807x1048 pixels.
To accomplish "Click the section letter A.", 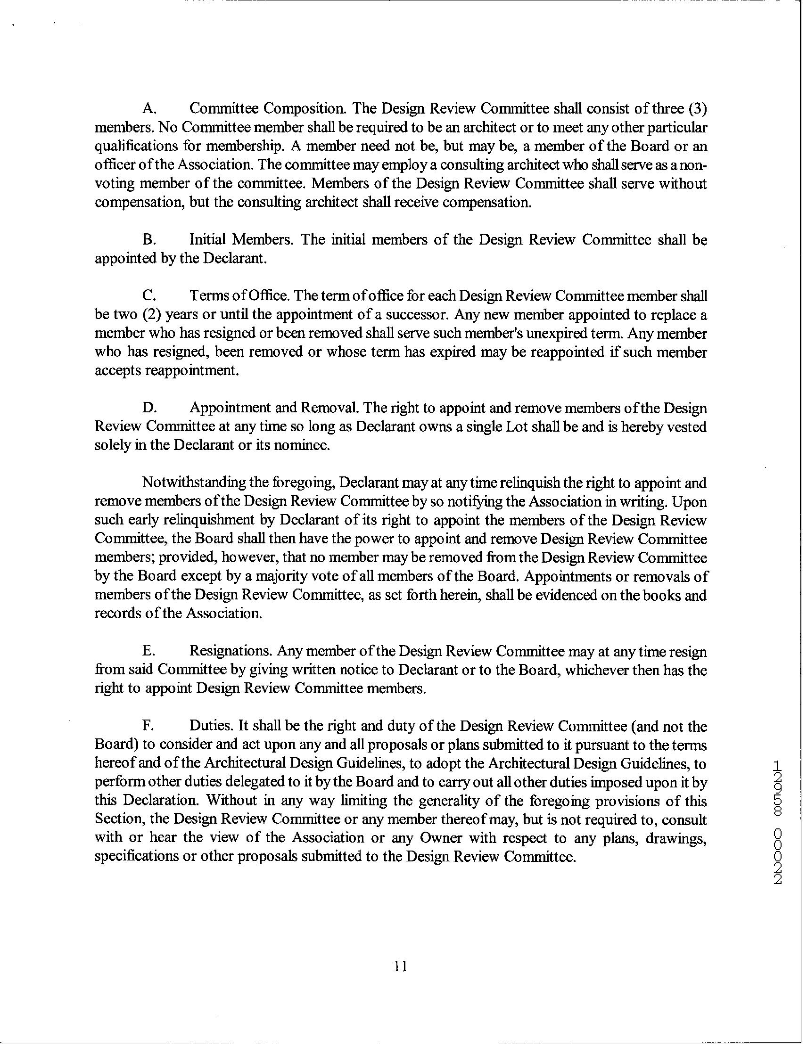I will pyautogui.click(x=148, y=109).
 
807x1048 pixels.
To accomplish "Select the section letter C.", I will pyautogui.click(x=148, y=296).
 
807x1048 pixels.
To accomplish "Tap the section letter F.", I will pyautogui.click(x=148, y=727).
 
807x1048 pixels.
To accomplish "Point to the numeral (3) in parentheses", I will pyautogui.click(x=697, y=109).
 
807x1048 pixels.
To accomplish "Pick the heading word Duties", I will pyautogui.click(x=212, y=727).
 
